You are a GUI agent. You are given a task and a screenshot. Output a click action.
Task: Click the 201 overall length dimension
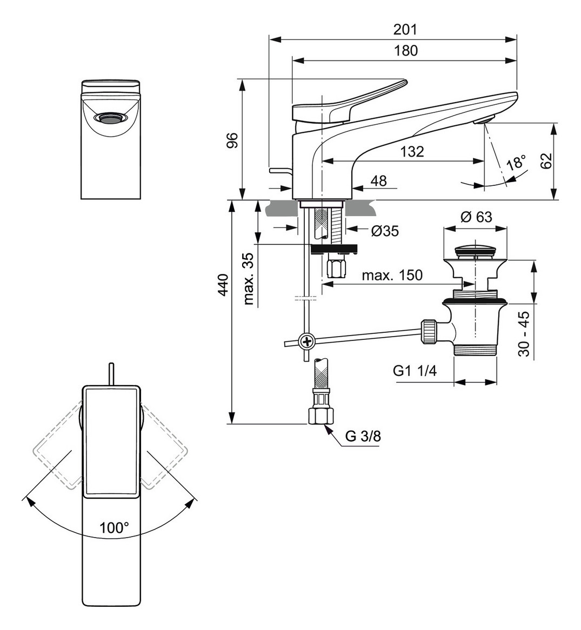405,30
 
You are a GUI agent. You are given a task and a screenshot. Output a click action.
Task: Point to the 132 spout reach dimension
412,151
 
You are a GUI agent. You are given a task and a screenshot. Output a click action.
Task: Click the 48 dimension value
379,180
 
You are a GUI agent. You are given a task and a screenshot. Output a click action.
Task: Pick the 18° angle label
516,163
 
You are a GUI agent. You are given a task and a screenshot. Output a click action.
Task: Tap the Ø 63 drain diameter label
476,217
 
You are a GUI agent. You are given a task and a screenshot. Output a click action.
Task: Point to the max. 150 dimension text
392,275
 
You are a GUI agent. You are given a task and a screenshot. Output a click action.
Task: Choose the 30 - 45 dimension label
523,333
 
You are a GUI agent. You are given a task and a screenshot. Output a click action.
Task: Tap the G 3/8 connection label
363,437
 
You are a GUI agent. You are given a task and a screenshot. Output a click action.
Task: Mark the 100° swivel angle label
114,527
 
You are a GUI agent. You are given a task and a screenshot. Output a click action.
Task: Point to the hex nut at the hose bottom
319,415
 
